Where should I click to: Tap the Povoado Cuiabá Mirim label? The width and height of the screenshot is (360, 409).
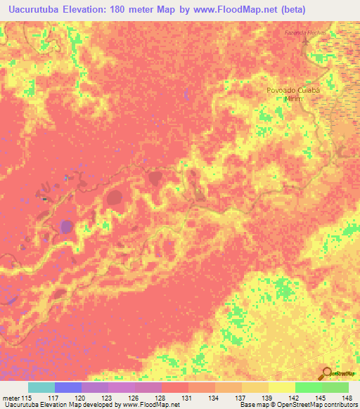(x=293, y=94)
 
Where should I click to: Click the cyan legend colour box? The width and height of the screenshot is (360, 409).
(x=41, y=388)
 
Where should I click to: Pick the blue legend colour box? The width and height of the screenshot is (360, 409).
(x=68, y=388)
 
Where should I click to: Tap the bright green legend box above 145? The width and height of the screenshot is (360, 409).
(x=308, y=388)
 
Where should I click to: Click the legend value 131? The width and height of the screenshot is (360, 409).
(x=167, y=398)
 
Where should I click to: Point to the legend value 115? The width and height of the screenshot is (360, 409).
(x=27, y=398)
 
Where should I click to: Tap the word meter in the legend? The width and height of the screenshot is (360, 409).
(x=10, y=398)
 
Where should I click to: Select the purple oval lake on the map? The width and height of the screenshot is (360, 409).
(x=66, y=226)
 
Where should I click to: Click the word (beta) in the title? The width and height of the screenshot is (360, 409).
(x=333, y=8)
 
